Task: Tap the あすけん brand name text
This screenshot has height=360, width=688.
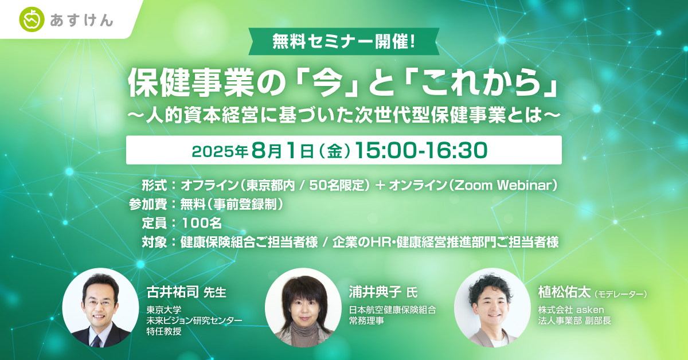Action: pyautogui.click(x=80, y=21)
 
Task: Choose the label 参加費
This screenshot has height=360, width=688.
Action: pyautogui.click(x=148, y=204)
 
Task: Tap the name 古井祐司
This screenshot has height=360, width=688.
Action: pyautogui.click(x=171, y=293)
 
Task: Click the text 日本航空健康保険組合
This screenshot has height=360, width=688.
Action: pyautogui.click(x=393, y=310)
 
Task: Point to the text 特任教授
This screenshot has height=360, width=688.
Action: pyautogui.click(x=164, y=332)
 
